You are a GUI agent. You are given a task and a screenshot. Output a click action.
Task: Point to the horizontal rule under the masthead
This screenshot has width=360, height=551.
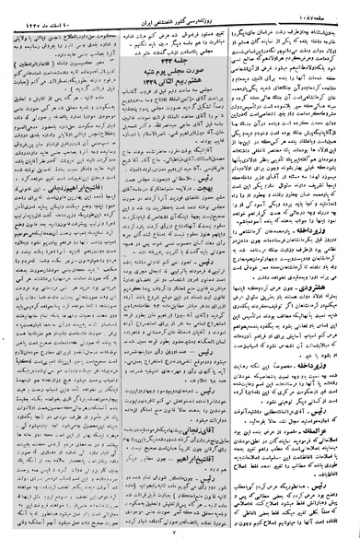tap(180, 18)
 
